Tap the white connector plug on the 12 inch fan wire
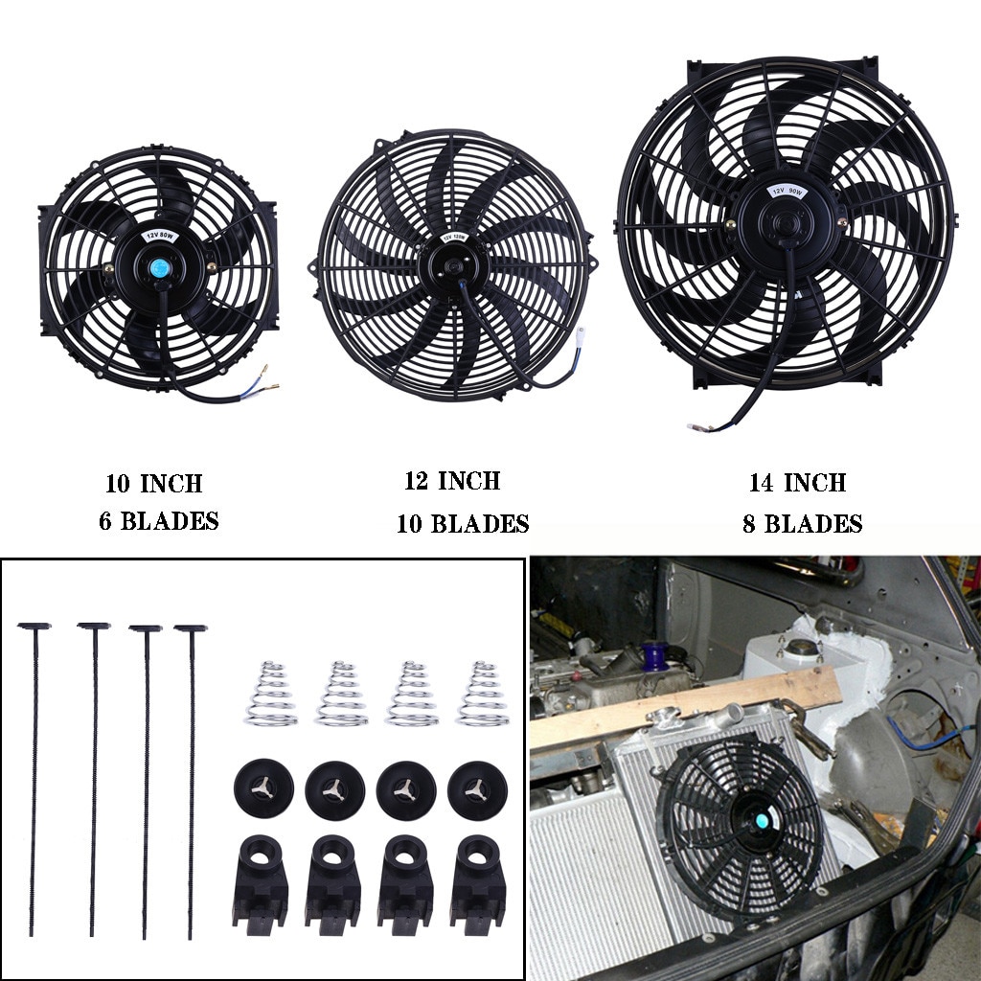pyautogui.click(x=581, y=336)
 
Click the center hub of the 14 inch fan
pyautogui.click(x=787, y=221)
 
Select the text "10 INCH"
pyautogui.click(x=154, y=484)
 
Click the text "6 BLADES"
pyautogui.click(x=158, y=522)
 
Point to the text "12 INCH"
pyautogui.click(x=452, y=481)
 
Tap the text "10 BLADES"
pyautogui.click(x=463, y=524)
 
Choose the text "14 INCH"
pyautogui.click(x=797, y=483)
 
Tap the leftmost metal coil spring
pyautogui.click(x=270, y=694)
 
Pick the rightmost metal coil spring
pyautogui.click(x=482, y=694)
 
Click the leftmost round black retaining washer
pyautogui.click(x=263, y=788)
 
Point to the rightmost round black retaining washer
pyautogui.click(x=477, y=789)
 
